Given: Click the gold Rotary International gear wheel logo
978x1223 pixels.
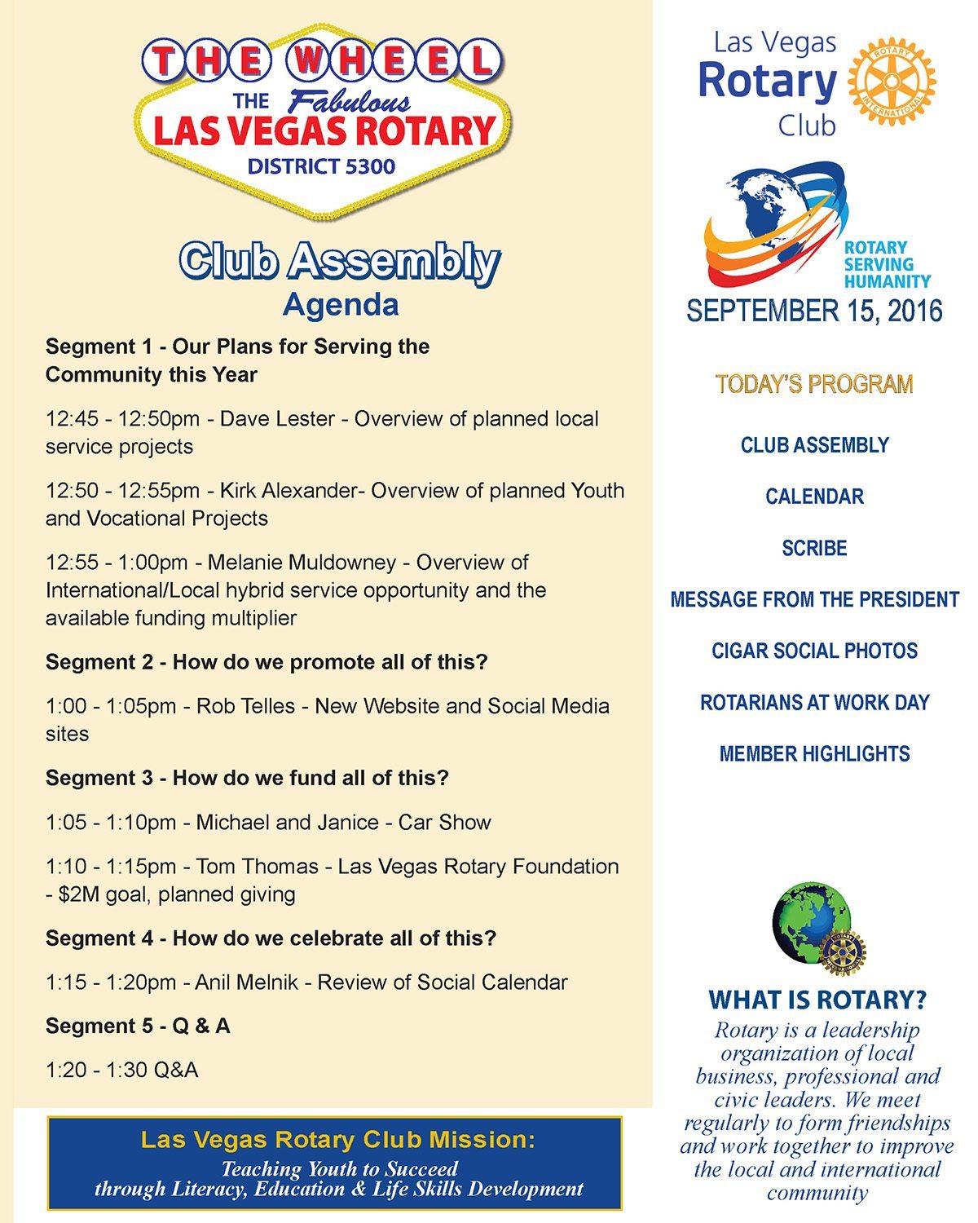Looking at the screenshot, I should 892,82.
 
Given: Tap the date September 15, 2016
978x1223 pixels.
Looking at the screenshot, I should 814,311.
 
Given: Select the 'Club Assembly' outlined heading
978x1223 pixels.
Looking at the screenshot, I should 339,262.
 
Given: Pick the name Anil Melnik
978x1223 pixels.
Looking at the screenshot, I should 247,982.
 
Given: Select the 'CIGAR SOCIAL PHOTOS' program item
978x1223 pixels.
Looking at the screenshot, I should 814,651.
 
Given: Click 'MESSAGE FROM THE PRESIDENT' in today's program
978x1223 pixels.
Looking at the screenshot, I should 814,599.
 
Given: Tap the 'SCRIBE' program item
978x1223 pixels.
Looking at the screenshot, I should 814,548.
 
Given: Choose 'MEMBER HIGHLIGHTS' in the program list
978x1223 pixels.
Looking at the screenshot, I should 814,753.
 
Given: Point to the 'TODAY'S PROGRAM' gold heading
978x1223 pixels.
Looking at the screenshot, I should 814,384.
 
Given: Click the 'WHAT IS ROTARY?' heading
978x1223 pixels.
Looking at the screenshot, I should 817,1000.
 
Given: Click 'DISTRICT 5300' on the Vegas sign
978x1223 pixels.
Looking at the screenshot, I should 321,166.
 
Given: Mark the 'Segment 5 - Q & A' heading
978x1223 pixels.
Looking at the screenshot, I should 138,1026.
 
